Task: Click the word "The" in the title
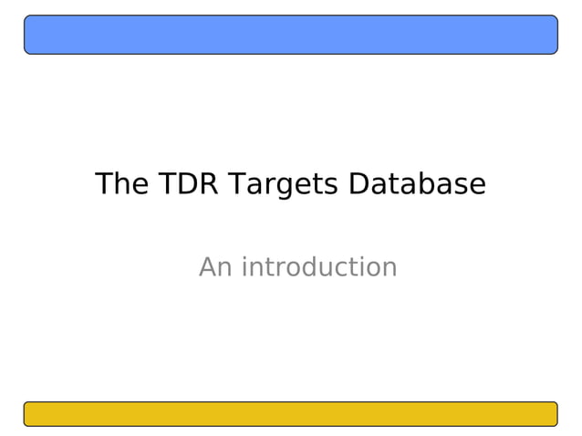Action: [121, 184]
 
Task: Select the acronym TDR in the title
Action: [189, 184]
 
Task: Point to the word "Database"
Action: [418, 184]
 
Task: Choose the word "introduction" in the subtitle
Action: [319, 267]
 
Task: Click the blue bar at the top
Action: [290, 35]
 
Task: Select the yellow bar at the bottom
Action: [290, 414]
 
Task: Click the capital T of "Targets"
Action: [235, 184]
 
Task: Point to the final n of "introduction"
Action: [390, 268]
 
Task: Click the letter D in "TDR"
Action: [188, 184]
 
